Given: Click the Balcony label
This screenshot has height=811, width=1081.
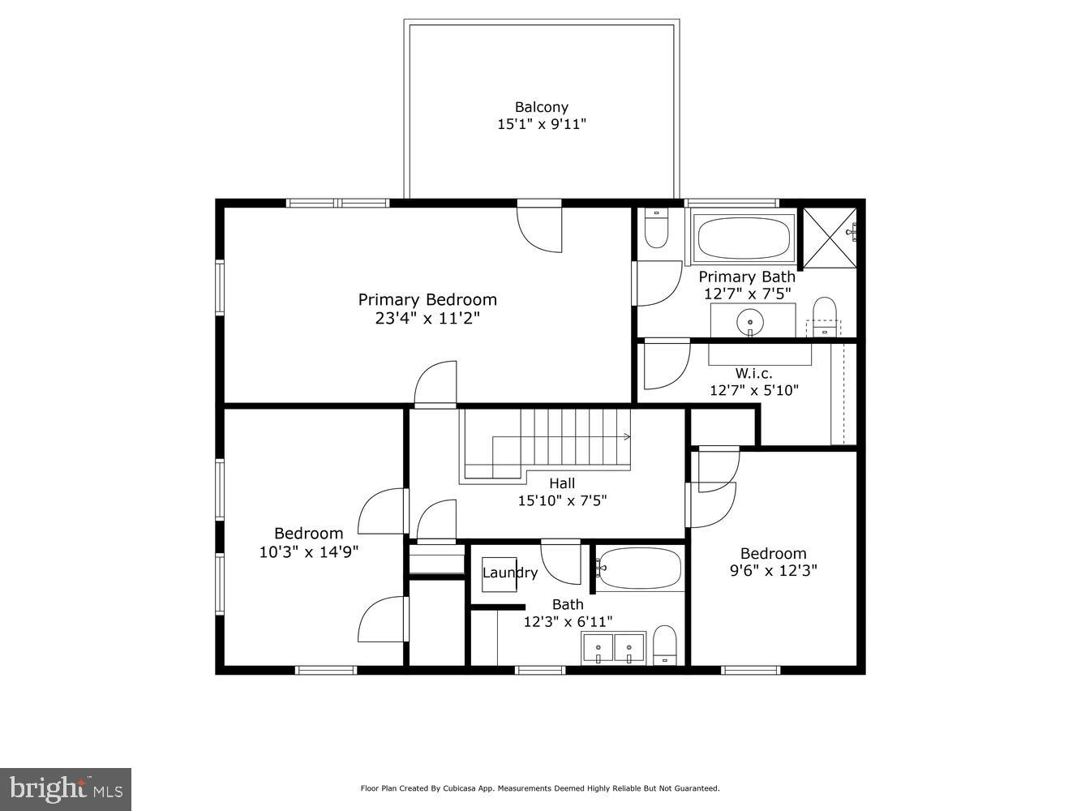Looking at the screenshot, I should tap(541, 107).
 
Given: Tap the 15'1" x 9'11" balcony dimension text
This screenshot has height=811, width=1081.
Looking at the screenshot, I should tap(541, 125).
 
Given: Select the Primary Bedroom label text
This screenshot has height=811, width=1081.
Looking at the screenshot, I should tap(427, 300).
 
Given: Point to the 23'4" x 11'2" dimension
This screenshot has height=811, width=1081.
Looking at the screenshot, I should tap(427, 319).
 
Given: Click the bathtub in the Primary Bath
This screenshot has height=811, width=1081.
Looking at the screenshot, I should tap(743, 238).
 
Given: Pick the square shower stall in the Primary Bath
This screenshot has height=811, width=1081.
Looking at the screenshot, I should tap(829, 236).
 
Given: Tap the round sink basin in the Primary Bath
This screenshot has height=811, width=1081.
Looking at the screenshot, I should tap(750, 321).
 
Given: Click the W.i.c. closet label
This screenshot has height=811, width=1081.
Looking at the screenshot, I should tap(753, 374).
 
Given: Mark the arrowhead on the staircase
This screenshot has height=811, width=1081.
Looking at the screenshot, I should tap(627, 436).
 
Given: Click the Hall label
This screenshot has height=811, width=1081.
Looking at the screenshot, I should tap(562, 484).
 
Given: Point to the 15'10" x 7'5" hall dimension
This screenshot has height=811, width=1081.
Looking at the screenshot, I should tap(562, 501).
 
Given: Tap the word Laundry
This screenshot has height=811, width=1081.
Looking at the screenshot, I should tap(510, 573).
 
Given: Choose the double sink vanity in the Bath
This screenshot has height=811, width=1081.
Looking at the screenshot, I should tap(612, 647).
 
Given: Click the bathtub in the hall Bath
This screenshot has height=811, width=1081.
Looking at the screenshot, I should tap(641, 569).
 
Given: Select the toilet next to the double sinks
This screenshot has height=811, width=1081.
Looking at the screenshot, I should tap(665, 645).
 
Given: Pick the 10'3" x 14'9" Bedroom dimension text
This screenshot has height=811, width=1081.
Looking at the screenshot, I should tap(308, 551).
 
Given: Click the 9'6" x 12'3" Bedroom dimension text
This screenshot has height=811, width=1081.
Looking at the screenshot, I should tap(773, 571).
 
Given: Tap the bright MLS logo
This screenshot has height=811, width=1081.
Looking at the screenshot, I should tap(65, 789).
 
